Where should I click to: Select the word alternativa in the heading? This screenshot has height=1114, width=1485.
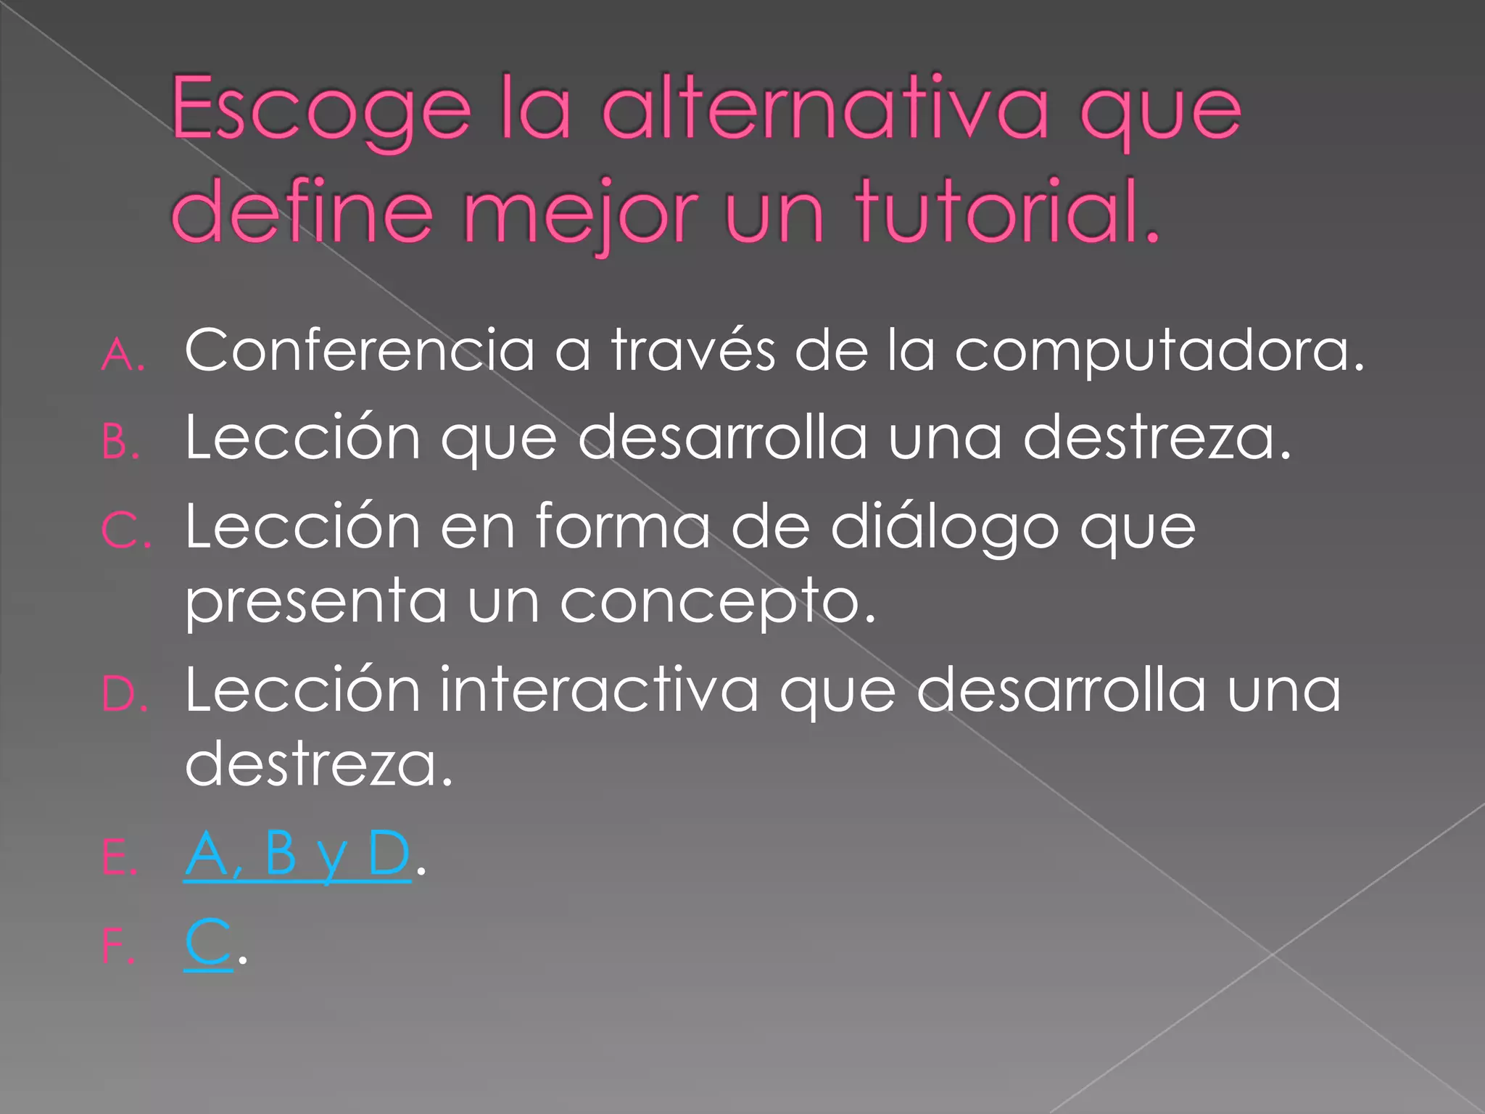point(826,109)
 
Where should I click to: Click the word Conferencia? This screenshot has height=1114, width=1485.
point(360,350)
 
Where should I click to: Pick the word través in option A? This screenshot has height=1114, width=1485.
point(692,350)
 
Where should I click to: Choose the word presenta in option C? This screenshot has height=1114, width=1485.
point(316,601)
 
